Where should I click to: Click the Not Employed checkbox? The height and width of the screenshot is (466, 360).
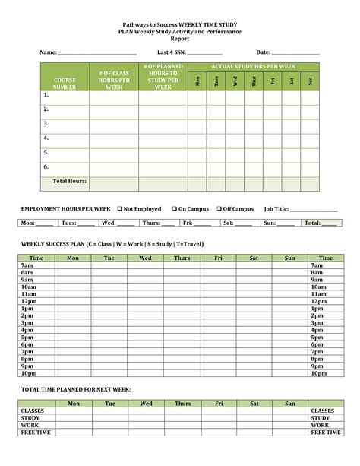(x=120, y=208)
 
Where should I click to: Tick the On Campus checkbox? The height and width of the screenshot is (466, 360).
(x=174, y=208)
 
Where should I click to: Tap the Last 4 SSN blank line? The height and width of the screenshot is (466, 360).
(x=204, y=53)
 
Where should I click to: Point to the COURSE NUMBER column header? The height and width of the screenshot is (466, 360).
(x=65, y=83)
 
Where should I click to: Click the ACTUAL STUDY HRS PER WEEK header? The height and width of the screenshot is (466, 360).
(x=253, y=67)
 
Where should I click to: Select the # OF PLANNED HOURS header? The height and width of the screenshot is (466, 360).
(x=163, y=78)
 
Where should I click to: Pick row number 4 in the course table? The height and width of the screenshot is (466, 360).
(x=46, y=138)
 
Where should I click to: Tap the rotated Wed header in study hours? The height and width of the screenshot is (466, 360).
(x=235, y=81)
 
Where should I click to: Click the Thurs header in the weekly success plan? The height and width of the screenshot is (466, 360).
(x=182, y=258)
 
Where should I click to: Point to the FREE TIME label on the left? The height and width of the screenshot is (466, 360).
(x=36, y=432)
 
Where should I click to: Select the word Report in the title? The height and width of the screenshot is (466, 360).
(x=180, y=38)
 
